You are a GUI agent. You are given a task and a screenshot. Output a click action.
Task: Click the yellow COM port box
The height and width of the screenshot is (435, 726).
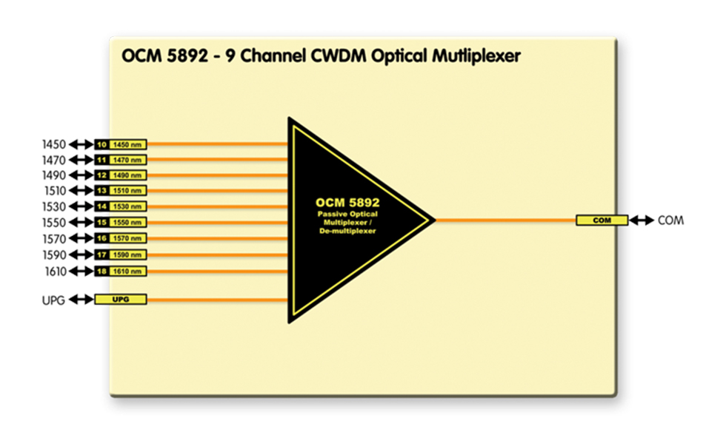click(602, 220)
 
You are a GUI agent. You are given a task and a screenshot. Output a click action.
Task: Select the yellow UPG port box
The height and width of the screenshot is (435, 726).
click(121, 300)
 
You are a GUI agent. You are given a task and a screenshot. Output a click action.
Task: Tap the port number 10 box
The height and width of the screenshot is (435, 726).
click(101, 144)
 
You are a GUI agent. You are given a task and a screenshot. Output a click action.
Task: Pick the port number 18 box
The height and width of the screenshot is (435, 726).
click(101, 272)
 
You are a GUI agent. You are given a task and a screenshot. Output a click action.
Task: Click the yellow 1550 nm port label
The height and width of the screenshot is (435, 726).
click(128, 223)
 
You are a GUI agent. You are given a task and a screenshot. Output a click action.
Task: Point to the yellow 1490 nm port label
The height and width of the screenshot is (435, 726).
click(128, 176)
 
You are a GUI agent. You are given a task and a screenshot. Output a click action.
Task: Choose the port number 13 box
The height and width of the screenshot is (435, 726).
click(101, 192)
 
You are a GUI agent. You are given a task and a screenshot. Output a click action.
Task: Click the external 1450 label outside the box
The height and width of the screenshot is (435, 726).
click(54, 144)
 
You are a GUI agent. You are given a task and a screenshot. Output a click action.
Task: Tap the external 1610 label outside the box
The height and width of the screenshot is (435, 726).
click(54, 272)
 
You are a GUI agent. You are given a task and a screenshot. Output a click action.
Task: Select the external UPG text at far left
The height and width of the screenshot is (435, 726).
click(53, 300)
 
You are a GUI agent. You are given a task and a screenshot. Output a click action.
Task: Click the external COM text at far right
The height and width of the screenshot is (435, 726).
click(670, 220)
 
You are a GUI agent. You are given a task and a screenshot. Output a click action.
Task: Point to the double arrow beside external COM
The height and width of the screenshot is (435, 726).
click(642, 220)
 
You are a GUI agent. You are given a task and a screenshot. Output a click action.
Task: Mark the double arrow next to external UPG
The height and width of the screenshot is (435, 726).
click(81, 300)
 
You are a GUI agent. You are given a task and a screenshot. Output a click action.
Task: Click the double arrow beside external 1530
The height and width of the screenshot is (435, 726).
click(81, 207)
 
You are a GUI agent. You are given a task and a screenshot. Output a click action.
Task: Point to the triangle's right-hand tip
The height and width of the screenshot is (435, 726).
click(433, 220)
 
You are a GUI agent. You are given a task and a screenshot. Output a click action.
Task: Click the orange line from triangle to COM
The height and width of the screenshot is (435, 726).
click(504, 220)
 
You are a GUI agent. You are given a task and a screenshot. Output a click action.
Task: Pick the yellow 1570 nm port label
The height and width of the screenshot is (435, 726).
click(128, 239)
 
